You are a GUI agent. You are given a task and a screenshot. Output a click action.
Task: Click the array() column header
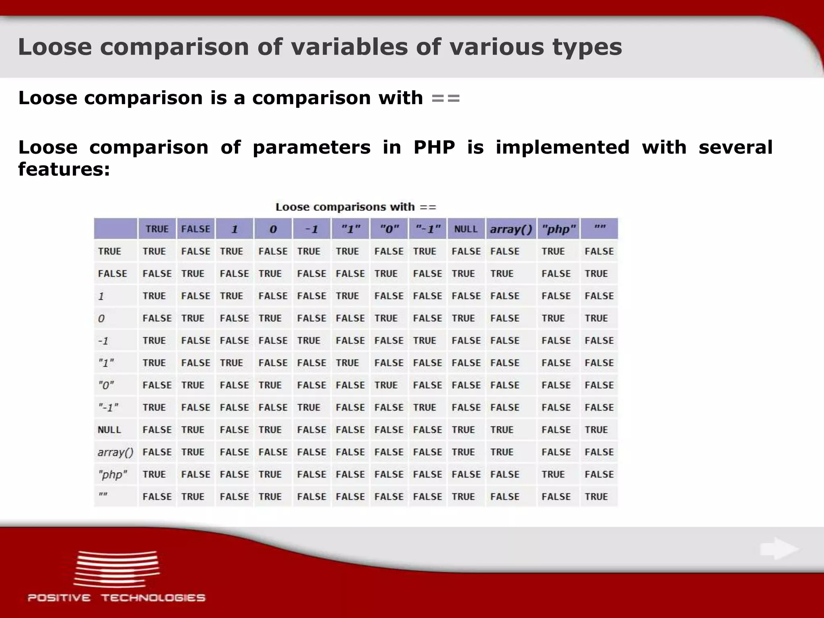pyautogui.click(x=511, y=229)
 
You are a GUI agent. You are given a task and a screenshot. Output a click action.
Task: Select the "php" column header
pyautogui.click(x=558, y=229)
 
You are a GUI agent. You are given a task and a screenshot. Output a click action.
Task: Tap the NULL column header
pyautogui.click(x=466, y=229)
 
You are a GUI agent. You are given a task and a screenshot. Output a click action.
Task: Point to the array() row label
pyautogui.click(x=115, y=452)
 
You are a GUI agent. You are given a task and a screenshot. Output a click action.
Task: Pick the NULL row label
pyautogui.click(x=109, y=430)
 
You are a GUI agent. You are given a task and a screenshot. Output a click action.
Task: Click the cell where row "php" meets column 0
pyautogui.click(x=270, y=474)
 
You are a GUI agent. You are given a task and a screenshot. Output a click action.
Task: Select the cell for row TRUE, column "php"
pyautogui.click(x=553, y=251)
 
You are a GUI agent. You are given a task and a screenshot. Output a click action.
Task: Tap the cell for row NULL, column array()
pyautogui.click(x=502, y=430)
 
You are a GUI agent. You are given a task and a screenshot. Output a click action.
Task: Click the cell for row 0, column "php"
pyautogui.click(x=553, y=318)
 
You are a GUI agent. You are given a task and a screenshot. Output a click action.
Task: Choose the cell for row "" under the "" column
pyautogui.click(x=596, y=496)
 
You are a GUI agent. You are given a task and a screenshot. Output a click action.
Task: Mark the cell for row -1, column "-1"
pyautogui.click(x=424, y=341)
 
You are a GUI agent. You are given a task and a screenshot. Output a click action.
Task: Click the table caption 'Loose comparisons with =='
pyautogui.click(x=356, y=207)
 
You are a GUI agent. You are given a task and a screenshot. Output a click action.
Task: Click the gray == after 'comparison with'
pyautogui.click(x=445, y=98)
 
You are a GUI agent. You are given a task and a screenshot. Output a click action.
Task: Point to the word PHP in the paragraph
pyautogui.click(x=434, y=147)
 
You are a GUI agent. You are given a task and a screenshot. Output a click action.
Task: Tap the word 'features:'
pyautogui.click(x=64, y=169)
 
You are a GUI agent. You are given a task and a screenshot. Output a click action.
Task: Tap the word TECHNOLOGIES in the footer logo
pyautogui.click(x=153, y=597)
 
